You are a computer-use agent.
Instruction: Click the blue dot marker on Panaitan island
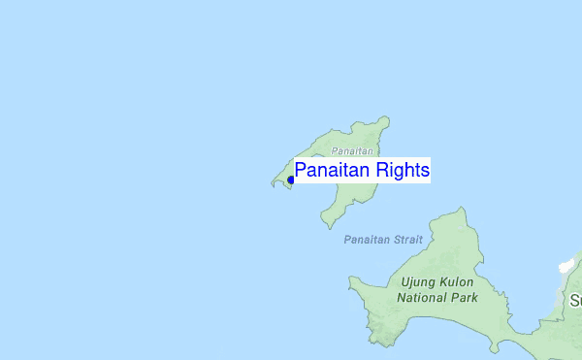point(290,180)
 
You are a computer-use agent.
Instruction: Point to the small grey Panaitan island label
point(351,151)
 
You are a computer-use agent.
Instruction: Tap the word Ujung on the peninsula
point(418,282)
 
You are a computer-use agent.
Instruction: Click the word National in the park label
point(425,298)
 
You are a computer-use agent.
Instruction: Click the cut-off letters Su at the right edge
point(575,301)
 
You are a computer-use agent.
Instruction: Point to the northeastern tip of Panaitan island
point(386,119)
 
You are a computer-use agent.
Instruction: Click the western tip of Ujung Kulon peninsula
point(351,281)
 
